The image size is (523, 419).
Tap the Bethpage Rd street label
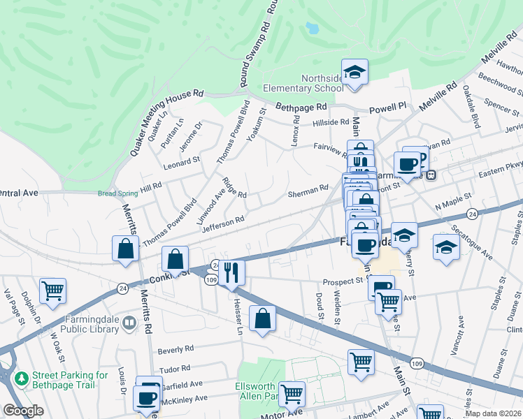click(301, 108)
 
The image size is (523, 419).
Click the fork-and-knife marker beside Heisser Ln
click(232, 271)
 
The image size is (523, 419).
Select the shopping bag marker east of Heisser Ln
click(262, 318)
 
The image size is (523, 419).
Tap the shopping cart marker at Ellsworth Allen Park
click(292, 393)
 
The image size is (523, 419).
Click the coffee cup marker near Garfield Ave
click(147, 398)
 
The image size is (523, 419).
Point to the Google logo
click(23, 411)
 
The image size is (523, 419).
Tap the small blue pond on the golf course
click(311, 28)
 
